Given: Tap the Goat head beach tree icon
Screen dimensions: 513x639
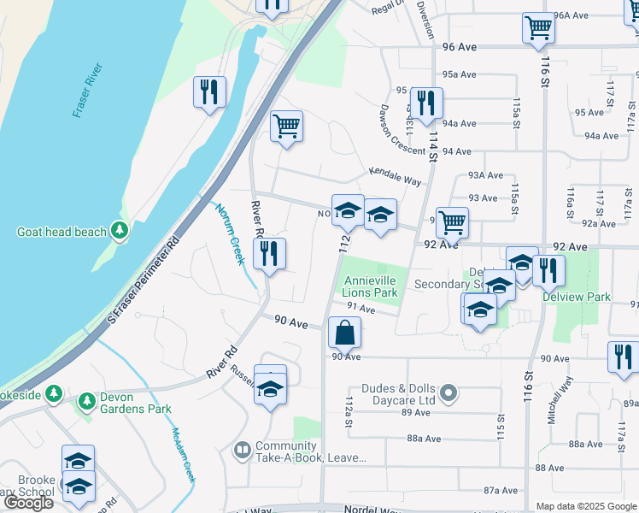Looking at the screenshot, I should tap(120, 231).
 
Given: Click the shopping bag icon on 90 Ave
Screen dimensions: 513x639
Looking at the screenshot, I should tap(344, 332).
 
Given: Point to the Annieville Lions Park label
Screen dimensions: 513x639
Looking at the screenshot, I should tap(371, 286).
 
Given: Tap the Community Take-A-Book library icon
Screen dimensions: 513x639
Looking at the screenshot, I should tap(243, 449).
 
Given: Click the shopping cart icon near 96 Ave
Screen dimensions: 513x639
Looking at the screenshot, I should tap(538, 28).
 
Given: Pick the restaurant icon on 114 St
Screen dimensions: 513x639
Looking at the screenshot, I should tap(425, 103).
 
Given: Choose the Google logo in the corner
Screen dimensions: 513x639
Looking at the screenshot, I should tap(28, 503).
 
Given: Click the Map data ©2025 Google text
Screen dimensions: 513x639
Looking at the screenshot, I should tap(585, 506).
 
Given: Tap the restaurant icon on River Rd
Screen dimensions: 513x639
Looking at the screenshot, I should tap(270, 253).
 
